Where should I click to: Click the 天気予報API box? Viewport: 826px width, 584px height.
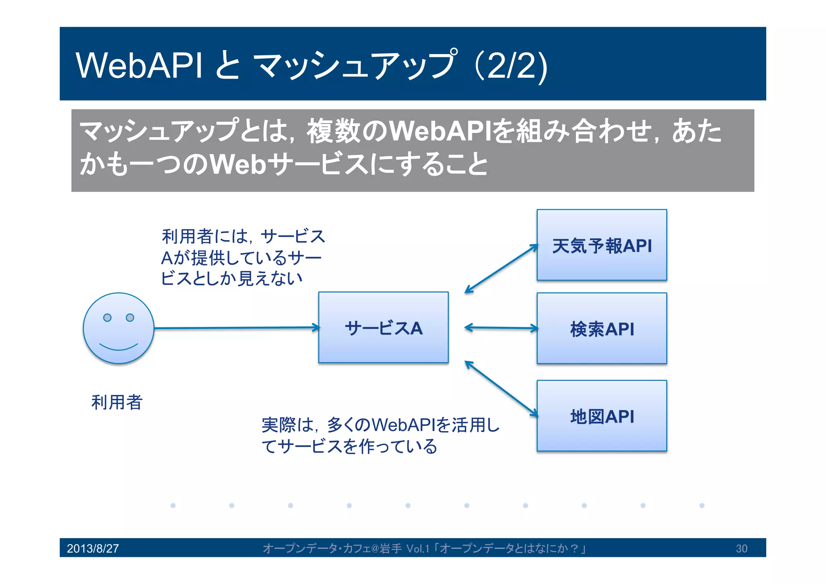pos(601,245)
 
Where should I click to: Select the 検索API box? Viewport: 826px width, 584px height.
pos(601,328)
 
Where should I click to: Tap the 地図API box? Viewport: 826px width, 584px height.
pos(601,416)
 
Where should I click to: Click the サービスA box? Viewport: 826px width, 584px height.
pos(383,327)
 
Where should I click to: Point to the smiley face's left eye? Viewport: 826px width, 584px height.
pos(107,318)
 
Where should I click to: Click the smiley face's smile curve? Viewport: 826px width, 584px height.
pos(119,348)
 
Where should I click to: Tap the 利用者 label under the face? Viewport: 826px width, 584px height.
pos(117,402)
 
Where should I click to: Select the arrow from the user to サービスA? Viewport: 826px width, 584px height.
pos(236,328)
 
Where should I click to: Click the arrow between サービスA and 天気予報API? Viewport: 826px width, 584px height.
pos(501,268)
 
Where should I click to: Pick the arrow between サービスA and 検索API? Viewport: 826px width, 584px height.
pos(501,328)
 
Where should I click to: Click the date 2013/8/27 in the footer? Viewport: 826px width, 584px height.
pos(93,548)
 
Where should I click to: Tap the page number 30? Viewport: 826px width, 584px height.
pos(741,548)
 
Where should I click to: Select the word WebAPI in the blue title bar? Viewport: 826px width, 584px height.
pos(139,65)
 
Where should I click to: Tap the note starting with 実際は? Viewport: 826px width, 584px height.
pos(380,435)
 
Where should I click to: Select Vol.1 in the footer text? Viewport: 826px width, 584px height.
pos(418,548)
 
